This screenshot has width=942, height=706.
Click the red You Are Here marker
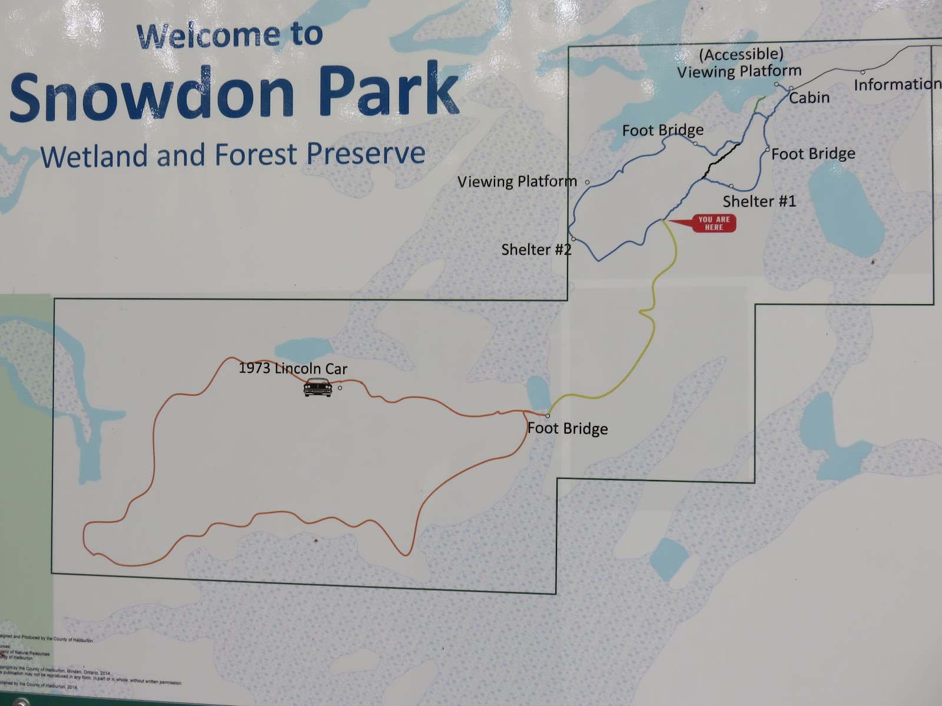tap(712, 223)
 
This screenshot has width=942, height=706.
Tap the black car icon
tap(317, 387)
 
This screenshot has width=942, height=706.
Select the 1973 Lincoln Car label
tap(293, 368)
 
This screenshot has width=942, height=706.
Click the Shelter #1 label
tap(759, 201)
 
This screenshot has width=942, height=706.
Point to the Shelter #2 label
tap(536, 249)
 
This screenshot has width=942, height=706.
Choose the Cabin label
tap(809, 98)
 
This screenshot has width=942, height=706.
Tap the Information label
tap(897, 85)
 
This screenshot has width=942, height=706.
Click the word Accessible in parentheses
tap(741, 55)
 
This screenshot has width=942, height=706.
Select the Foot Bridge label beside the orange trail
tap(568, 428)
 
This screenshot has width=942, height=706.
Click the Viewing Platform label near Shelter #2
tap(517, 181)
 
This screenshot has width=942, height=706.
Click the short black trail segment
tap(720, 159)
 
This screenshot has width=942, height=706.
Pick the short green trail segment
tap(759, 105)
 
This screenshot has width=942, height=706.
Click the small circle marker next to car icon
tap(340, 388)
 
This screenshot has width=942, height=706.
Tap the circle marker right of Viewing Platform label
tap(587, 182)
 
